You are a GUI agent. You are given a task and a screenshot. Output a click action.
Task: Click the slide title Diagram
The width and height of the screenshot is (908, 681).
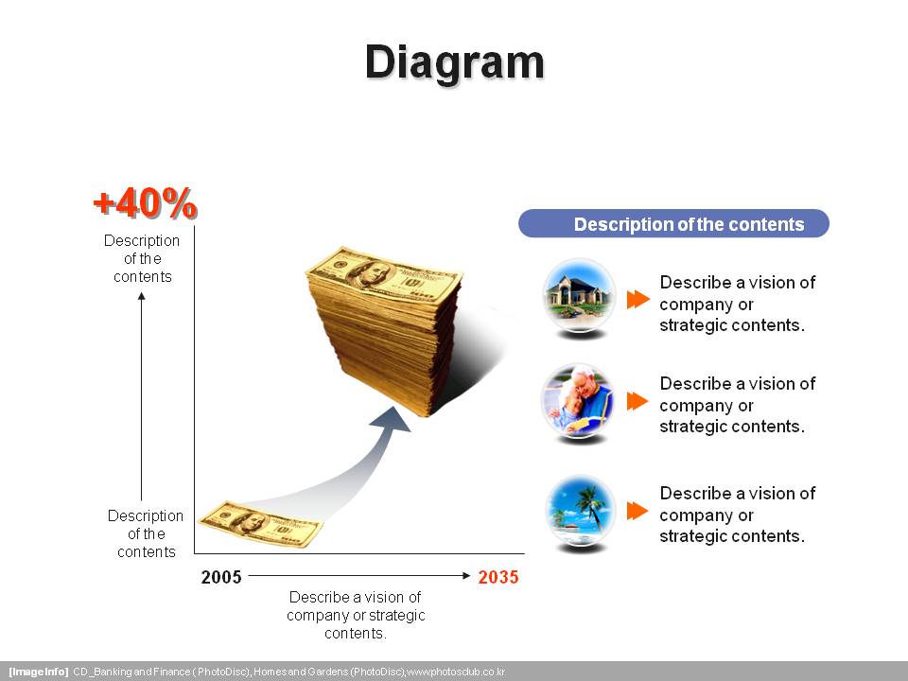(x=455, y=62)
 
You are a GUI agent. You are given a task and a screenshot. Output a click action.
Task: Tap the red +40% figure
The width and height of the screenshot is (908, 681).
(x=146, y=203)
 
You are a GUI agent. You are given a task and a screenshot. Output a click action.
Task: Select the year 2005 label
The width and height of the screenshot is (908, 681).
(x=221, y=577)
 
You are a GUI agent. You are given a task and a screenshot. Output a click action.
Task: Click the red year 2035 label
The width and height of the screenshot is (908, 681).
(x=498, y=577)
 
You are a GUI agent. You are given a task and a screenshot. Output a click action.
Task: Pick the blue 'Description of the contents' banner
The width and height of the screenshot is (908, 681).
(x=673, y=223)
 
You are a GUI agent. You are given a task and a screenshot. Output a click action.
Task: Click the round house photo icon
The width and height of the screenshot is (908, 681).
(x=579, y=295)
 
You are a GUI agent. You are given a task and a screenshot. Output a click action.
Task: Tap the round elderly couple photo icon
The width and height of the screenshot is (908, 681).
(x=577, y=401)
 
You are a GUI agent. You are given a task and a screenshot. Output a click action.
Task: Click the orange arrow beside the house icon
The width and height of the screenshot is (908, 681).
(x=638, y=300)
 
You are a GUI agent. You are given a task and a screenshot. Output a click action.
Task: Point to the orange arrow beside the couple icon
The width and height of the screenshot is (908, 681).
(x=637, y=401)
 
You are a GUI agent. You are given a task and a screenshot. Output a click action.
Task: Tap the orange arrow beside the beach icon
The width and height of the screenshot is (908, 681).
(x=637, y=511)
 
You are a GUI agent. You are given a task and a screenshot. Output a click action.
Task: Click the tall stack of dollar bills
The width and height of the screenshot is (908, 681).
(x=385, y=331)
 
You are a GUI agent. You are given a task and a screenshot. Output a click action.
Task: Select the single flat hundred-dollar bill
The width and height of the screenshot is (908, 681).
(x=260, y=525)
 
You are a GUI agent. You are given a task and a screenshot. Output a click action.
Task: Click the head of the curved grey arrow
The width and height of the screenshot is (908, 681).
(x=392, y=420)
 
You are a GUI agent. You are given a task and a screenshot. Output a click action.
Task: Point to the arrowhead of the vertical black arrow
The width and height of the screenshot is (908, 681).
(x=141, y=296)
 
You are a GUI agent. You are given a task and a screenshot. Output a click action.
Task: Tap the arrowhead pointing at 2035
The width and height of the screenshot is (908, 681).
(x=466, y=576)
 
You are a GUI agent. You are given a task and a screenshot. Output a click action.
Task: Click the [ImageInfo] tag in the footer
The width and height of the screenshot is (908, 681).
(x=38, y=672)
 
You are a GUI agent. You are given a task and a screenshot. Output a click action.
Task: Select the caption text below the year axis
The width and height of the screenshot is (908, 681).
(x=356, y=615)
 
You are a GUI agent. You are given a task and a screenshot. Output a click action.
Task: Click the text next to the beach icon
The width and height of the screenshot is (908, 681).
(x=738, y=515)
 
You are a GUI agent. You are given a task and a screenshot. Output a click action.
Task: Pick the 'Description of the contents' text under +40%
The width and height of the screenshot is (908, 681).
(x=142, y=258)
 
